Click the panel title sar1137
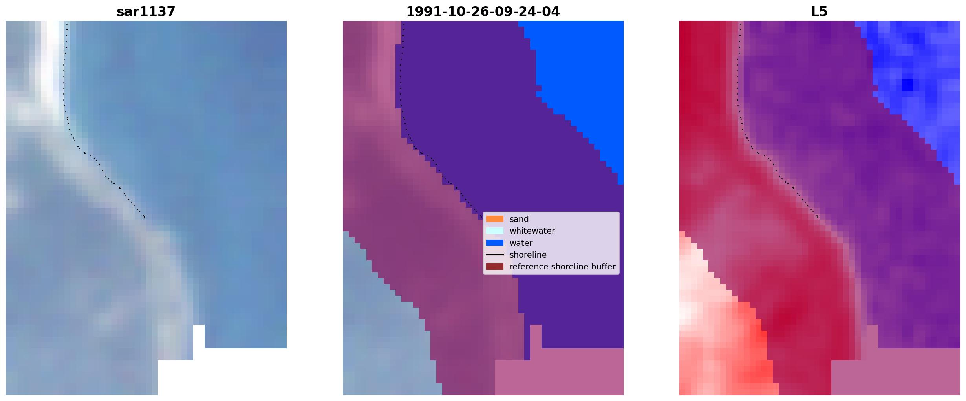[x=146, y=12]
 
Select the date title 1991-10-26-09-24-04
[x=483, y=12]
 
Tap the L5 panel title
[x=819, y=12]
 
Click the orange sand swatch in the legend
[x=494, y=219]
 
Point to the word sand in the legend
[x=519, y=219]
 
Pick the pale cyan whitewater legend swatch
[x=494, y=231]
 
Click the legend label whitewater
[x=532, y=231]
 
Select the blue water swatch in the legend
[x=494, y=243]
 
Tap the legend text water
[x=521, y=243]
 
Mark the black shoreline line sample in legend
[x=494, y=255]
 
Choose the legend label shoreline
[x=528, y=255]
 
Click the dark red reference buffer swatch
[x=494, y=267]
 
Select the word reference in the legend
[x=529, y=267]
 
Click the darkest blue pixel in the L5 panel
[x=907, y=85]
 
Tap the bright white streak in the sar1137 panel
[x=49, y=59]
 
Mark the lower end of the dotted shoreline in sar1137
[x=145, y=217]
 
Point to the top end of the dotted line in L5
[x=741, y=24]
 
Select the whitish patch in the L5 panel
[x=693, y=283]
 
